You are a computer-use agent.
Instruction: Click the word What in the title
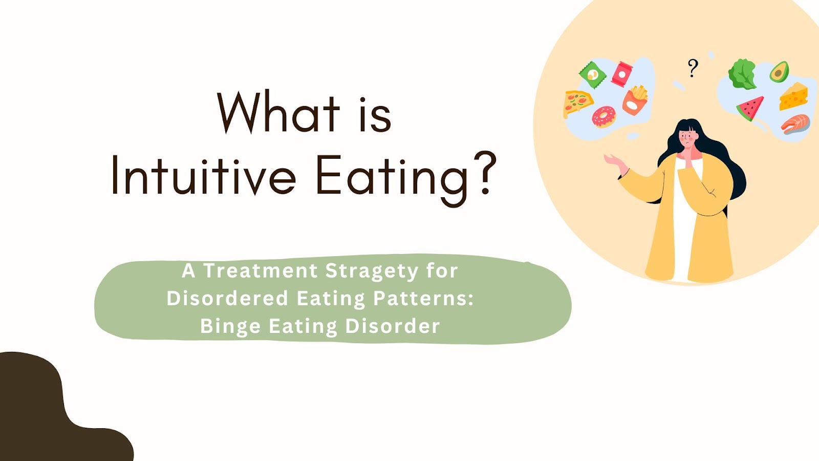[x=278, y=112]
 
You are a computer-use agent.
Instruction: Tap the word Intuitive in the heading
[x=203, y=175]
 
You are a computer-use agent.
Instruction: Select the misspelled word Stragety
[x=372, y=271]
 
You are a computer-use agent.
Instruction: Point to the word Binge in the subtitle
[x=230, y=326]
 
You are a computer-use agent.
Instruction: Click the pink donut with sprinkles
[x=604, y=117]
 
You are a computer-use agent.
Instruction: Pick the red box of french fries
[x=635, y=100]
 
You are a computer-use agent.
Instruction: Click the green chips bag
[x=592, y=74]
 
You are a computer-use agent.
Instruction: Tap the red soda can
[x=622, y=74]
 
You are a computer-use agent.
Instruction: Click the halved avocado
[x=779, y=72]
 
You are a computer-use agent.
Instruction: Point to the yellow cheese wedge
[x=793, y=96]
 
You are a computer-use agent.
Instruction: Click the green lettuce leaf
[x=742, y=74]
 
